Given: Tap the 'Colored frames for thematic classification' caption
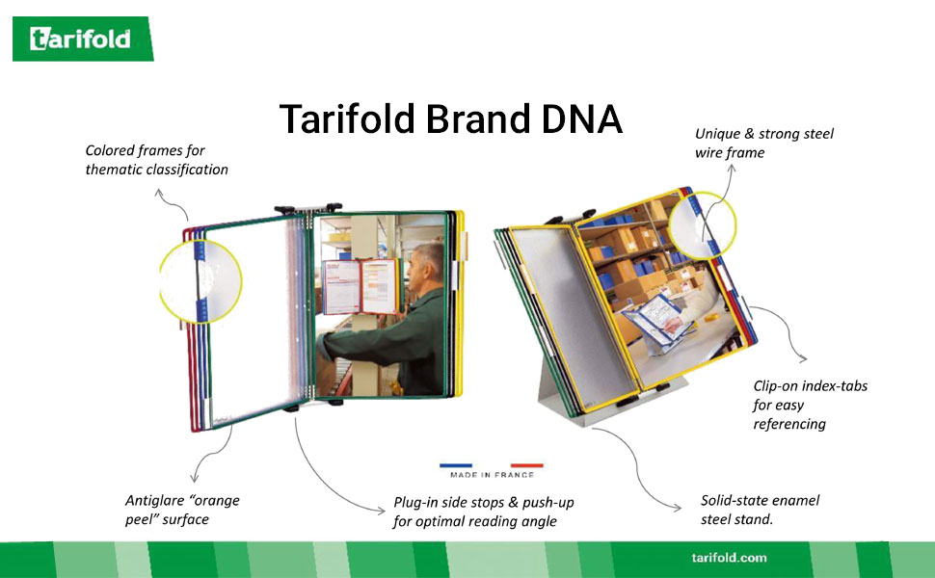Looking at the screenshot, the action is pyautogui.click(x=156, y=160).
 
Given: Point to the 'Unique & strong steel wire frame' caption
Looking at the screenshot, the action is pyautogui.click(x=763, y=143).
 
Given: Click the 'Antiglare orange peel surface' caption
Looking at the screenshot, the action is pyautogui.click(x=182, y=510).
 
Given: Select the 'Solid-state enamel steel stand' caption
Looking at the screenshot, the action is pyautogui.click(x=760, y=510).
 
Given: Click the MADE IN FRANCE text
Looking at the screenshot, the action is pyautogui.click(x=492, y=475).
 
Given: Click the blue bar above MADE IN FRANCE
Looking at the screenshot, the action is pyautogui.click(x=456, y=465).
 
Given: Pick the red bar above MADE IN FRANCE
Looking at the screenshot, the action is pyautogui.click(x=526, y=465).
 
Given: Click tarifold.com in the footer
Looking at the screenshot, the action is pyautogui.click(x=729, y=558).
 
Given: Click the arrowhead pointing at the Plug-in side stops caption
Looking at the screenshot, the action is pyautogui.click(x=382, y=510).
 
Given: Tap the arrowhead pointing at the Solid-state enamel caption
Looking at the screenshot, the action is pyautogui.click(x=678, y=508).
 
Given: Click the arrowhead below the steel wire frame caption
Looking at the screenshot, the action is pyautogui.click(x=732, y=168).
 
